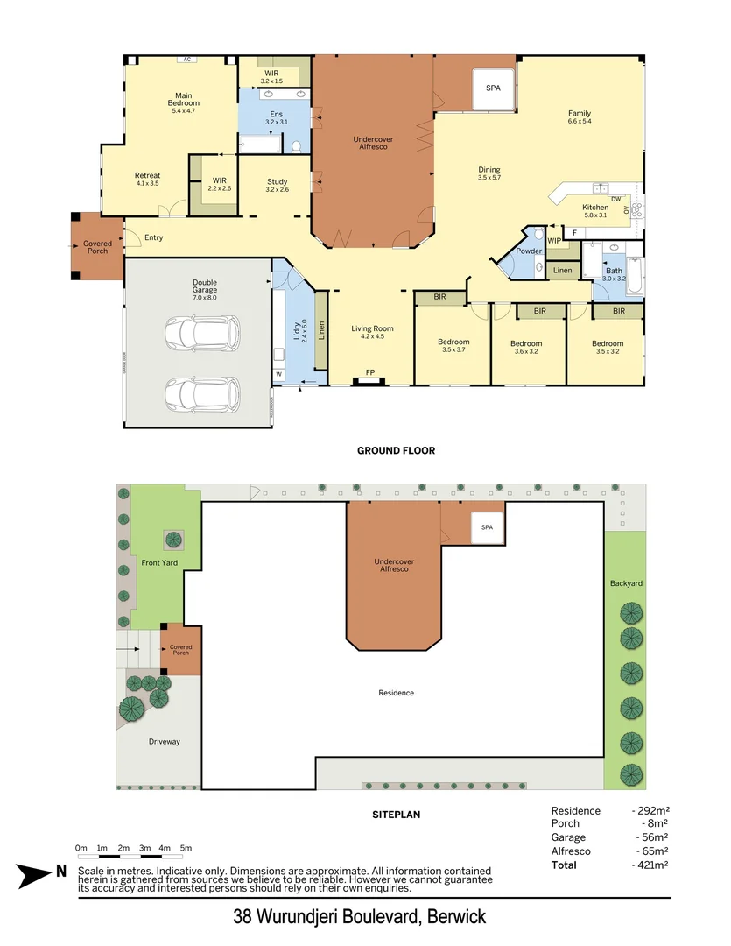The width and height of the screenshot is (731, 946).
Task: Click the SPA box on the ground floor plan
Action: (493, 89)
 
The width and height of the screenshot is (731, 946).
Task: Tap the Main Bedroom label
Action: (184, 100)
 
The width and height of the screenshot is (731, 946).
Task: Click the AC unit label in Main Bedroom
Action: (186, 60)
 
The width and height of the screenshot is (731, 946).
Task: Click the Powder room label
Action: (529, 251)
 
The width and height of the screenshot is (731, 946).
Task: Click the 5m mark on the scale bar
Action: (186, 848)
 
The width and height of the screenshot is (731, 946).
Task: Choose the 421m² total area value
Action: (650, 865)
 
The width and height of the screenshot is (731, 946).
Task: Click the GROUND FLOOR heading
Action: (396, 451)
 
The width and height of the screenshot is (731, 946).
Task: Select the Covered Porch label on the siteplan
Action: (181, 651)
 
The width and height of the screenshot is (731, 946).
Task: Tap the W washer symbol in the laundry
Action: (279, 375)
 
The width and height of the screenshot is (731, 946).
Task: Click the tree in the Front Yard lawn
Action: (172, 539)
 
